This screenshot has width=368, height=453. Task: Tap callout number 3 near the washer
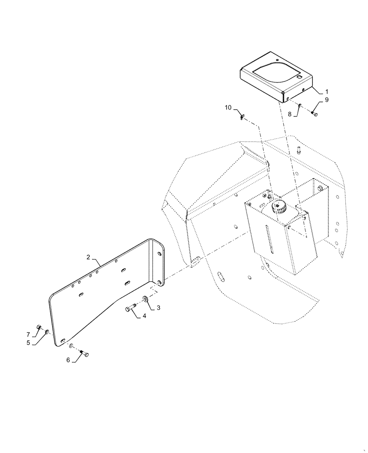click(x=159, y=308)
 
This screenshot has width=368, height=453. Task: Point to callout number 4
click(x=144, y=316)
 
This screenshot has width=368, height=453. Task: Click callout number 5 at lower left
click(x=28, y=343)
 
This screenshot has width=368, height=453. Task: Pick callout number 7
click(x=28, y=334)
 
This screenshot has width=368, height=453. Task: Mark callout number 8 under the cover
click(x=290, y=115)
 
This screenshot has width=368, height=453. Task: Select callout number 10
click(x=228, y=107)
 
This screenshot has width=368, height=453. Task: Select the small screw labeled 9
click(x=315, y=114)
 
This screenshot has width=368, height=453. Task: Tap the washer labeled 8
click(x=300, y=107)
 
